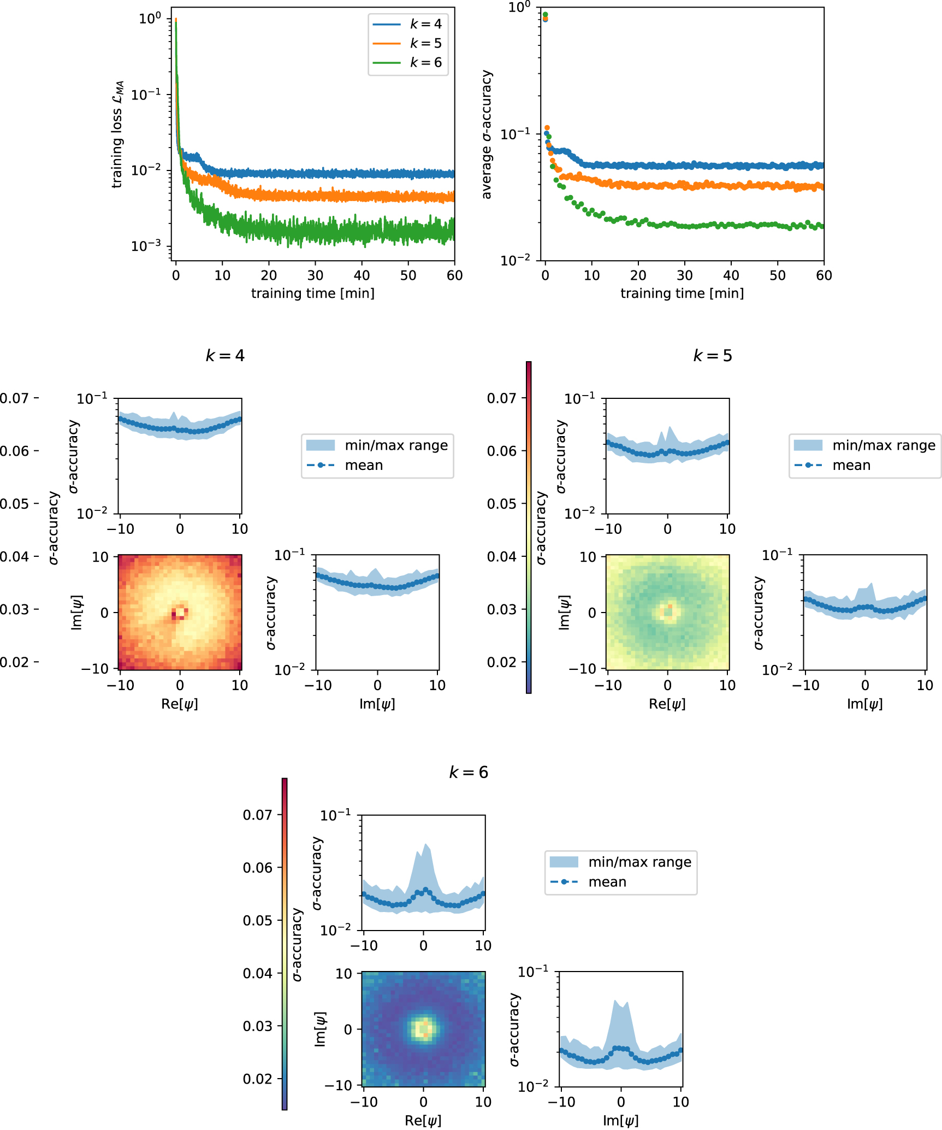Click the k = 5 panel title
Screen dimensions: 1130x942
[713, 356]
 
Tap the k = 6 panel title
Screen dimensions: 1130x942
[469, 772]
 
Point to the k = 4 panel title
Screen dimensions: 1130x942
[225, 356]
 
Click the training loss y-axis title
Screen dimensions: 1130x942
[118, 134]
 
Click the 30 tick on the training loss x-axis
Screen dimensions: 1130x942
[315, 275]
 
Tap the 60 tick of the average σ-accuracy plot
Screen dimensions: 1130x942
[823, 275]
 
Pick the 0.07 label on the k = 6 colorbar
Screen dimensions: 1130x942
[257, 815]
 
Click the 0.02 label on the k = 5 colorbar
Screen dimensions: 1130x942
[501, 662]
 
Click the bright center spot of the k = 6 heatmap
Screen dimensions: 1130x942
[423, 1029]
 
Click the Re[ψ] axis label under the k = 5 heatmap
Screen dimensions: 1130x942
[667, 704]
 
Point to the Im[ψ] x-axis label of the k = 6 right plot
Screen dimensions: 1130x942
[620, 1121]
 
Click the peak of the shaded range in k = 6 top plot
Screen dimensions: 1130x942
[426, 844]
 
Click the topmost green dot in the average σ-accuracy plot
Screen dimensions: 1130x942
[545, 15]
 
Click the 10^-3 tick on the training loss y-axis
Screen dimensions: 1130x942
[146, 246]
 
